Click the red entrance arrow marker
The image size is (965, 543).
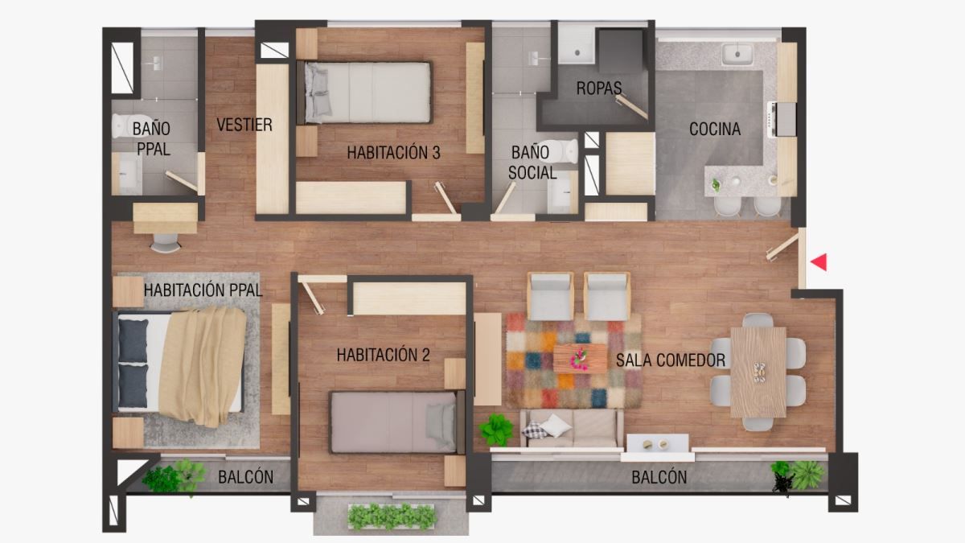[x=819, y=261]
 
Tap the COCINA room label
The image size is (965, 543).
[x=714, y=129]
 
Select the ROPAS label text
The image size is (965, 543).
[x=598, y=88]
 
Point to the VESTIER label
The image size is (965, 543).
[x=244, y=125]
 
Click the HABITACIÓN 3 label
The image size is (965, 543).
[x=393, y=152]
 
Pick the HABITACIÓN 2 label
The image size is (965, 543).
[x=383, y=355]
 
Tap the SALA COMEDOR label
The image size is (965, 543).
[x=671, y=360]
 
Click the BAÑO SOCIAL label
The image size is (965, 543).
[x=532, y=162]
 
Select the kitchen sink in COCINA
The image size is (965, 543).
[x=737, y=55]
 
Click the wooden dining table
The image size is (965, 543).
[x=758, y=371]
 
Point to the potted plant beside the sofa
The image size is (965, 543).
[x=496, y=429]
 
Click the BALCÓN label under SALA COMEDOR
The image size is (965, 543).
[x=659, y=477]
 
